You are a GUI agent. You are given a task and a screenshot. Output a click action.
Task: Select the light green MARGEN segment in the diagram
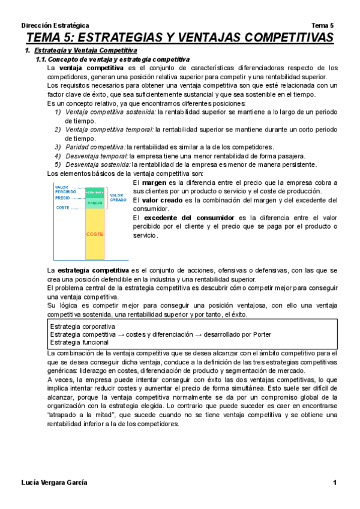point(95,203)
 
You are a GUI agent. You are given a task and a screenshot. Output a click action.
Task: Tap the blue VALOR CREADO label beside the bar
point(118,197)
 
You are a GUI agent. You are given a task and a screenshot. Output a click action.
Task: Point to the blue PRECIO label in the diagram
point(62,197)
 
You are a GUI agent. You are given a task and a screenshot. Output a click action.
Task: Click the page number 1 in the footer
point(335,483)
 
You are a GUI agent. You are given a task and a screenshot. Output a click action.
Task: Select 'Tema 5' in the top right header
point(323,25)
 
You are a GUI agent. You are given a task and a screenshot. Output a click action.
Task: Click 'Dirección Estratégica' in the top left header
point(55,25)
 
